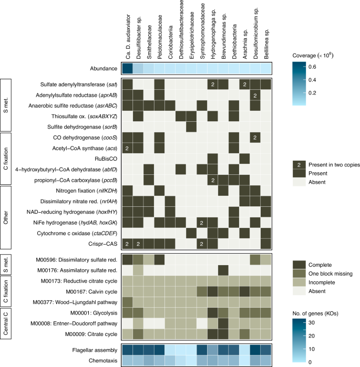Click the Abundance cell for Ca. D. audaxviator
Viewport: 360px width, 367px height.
128,69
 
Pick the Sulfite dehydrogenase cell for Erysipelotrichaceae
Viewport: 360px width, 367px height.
191,127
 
